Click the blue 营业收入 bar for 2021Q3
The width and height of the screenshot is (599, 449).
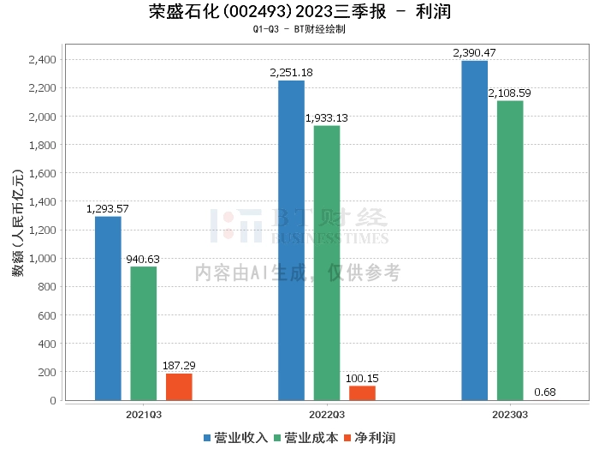click(108, 308)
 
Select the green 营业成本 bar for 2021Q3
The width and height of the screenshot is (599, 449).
click(144, 333)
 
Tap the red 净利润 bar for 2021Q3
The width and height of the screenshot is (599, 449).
click(179, 386)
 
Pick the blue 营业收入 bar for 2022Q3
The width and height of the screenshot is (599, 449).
click(291, 240)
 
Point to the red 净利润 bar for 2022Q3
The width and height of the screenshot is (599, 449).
click(362, 393)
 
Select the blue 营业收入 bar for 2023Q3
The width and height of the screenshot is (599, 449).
click(474, 230)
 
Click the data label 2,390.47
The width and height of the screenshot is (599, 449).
click(474, 53)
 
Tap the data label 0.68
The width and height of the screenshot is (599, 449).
click(545, 392)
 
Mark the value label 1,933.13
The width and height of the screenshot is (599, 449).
click(327, 118)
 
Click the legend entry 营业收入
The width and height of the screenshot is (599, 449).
click(235, 437)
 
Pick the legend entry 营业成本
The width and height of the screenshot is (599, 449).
click(301, 437)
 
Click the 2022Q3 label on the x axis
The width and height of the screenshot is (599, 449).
click(327, 414)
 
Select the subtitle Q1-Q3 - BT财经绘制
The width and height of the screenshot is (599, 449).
click(299, 29)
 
